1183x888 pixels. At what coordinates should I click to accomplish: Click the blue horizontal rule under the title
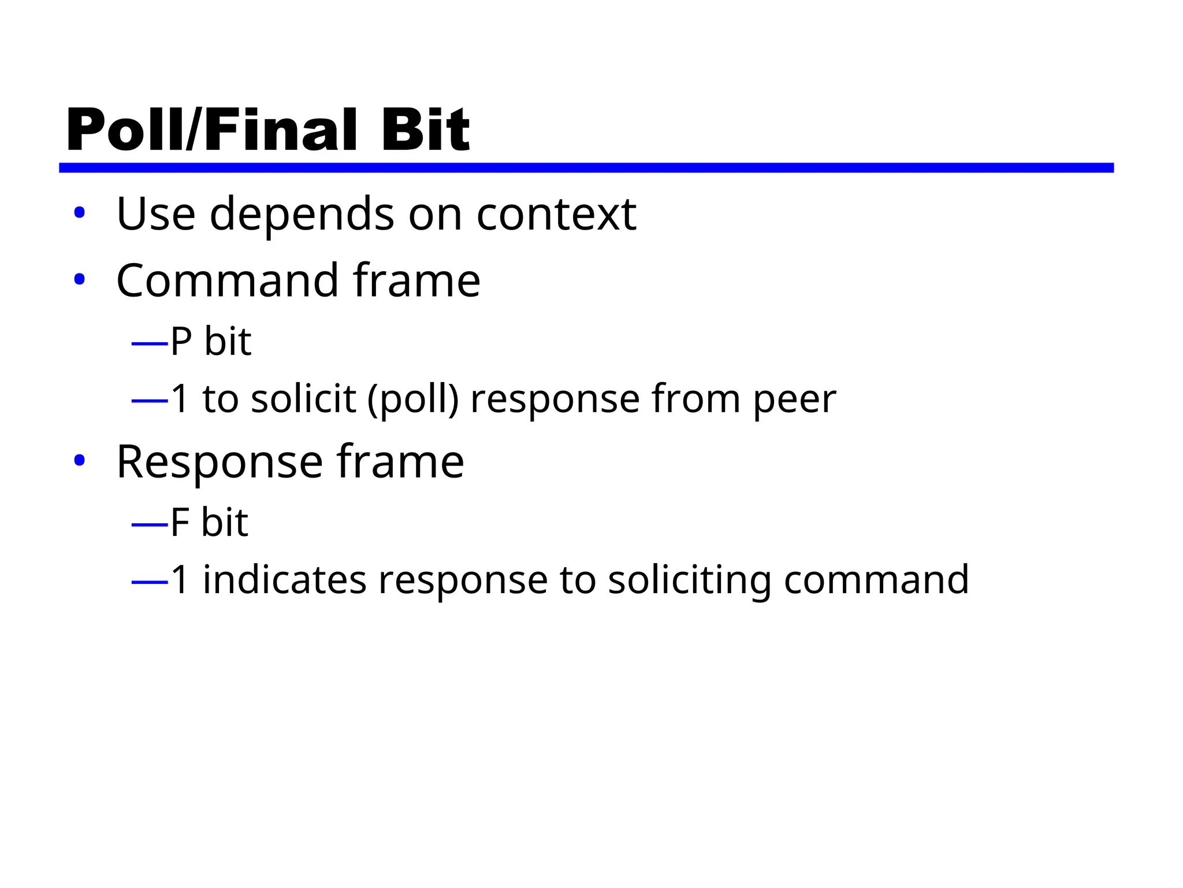[x=586, y=168]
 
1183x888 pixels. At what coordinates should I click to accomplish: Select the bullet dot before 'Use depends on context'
[x=80, y=213]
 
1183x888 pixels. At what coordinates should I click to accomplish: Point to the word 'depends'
[x=302, y=214]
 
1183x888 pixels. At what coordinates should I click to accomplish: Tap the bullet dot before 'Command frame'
[x=80, y=280]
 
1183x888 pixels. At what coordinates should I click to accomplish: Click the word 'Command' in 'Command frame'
[x=227, y=281]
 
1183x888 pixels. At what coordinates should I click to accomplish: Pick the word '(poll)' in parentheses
[x=413, y=399]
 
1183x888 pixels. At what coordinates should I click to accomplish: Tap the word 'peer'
[x=794, y=401]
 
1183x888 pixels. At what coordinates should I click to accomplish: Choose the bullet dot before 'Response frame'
[x=80, y=461]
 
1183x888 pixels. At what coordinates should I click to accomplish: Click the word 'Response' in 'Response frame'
[x=219, y=462]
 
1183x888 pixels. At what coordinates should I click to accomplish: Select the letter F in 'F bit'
[x=180, y=522]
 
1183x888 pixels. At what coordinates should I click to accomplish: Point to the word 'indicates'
[x=284, y=580]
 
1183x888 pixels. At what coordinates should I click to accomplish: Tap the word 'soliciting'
[x=689, y=581]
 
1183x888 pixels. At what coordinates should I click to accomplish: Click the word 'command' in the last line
[x=876, y=580]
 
